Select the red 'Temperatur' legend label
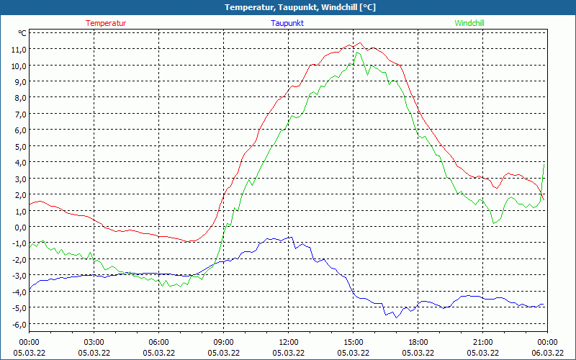coord(106,23)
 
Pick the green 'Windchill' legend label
coord(469,23)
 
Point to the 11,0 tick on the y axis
coord(18,49)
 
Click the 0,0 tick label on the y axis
coord(18,227)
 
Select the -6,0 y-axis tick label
coord(17,324)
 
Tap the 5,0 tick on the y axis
coord(18,146)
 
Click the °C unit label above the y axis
coord(22,33)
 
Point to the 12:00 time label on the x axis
coord(289,341)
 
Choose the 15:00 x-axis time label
coord(354,341)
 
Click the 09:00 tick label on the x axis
coord(224,341)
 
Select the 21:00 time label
coord(483,341)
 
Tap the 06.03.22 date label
coord(548,352)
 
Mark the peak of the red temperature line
coord(359,43)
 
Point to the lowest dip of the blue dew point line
coord(395,317)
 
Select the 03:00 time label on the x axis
coord(94,341)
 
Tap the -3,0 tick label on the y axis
coord(17,275)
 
